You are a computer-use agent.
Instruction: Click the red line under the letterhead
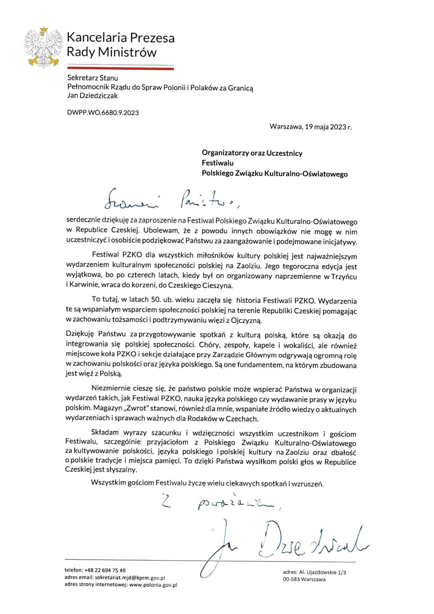(120, 69)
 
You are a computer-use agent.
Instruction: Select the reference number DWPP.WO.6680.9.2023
(103, 113)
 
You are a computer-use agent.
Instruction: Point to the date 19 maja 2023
(325, 127)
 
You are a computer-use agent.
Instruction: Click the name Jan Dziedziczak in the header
(92, 96)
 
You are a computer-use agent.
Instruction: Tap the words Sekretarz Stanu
(92, 78)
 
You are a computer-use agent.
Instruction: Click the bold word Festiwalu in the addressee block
(217, 163)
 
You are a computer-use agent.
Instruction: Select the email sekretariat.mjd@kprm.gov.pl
(130, 578)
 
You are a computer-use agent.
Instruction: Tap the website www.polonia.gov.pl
(153, 585)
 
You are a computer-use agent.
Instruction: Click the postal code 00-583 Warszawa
(304, 580)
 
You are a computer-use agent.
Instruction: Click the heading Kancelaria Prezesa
(121, 38)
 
